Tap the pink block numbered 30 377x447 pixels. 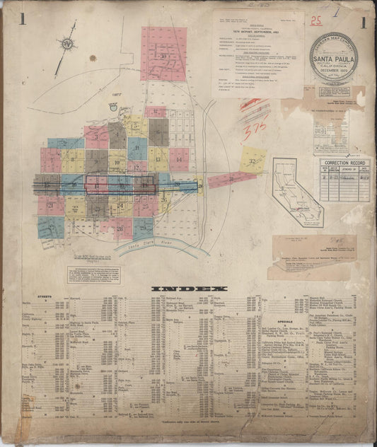[163, 55]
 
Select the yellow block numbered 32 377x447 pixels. [253, 161]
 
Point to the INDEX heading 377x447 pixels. [189, 289]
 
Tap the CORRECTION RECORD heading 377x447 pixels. [345, 163]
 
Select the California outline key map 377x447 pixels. [296, 191]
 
